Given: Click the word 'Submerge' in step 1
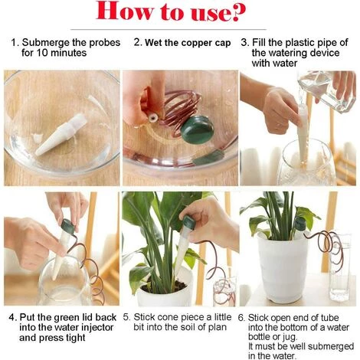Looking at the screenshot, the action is [45, 43].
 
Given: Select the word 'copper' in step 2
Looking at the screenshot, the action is [198, 43].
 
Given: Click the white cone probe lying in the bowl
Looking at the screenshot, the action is [61, 135].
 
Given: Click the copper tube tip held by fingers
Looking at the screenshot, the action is [153, 118].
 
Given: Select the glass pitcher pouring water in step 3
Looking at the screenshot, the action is [327, 91].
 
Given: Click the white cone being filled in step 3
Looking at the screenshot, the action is [303, 133].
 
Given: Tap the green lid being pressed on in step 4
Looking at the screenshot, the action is [67, 227].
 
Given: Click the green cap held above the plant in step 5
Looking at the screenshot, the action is [189, 223].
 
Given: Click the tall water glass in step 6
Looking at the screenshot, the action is [339, 267].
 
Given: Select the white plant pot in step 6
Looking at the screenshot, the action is [283, 268].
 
